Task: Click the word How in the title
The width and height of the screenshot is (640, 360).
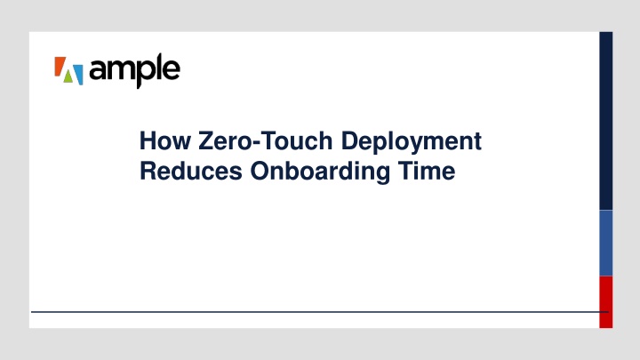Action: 165,140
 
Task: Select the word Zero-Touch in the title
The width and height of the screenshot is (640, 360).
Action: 266,140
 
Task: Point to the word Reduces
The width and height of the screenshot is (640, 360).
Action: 191,171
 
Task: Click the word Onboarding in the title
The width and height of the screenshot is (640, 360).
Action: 320,172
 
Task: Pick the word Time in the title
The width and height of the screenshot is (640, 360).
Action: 427,171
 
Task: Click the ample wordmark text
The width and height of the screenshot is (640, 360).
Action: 134,70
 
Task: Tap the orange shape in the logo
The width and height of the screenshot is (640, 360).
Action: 60,66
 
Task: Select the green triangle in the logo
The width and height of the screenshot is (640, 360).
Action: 68,77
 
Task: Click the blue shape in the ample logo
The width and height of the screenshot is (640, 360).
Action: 78,75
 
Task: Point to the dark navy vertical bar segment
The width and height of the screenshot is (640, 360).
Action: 605,121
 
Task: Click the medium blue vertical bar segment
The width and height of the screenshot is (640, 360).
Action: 605,244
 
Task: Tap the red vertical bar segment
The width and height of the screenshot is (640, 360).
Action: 605,302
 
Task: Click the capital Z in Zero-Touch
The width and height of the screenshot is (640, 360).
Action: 206,140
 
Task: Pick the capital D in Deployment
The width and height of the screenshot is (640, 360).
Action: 350,140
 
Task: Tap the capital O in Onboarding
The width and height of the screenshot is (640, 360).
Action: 260,171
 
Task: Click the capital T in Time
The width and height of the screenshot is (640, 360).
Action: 406,171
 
